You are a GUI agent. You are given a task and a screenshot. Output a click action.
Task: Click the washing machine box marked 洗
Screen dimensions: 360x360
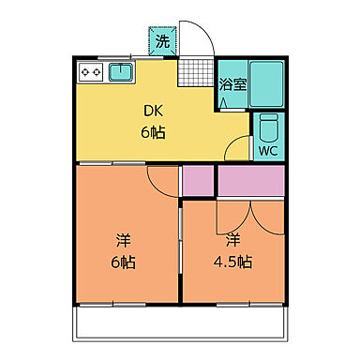point(162,40)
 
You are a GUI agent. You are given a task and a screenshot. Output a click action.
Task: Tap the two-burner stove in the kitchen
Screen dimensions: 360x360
point(91,71)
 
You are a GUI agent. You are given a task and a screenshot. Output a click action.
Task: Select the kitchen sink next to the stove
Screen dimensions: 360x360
point(121,71)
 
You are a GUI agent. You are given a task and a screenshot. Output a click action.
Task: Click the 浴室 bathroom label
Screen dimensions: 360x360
point(232,82)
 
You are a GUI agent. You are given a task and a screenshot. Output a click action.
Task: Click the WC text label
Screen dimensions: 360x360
point(267,149)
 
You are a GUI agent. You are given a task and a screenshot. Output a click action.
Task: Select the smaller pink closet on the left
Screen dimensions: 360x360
point(197,180)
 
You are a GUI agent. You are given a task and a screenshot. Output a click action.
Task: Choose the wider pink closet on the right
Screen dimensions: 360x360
point(250,179)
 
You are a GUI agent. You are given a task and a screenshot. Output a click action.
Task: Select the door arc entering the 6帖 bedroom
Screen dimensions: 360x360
point(161,182)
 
